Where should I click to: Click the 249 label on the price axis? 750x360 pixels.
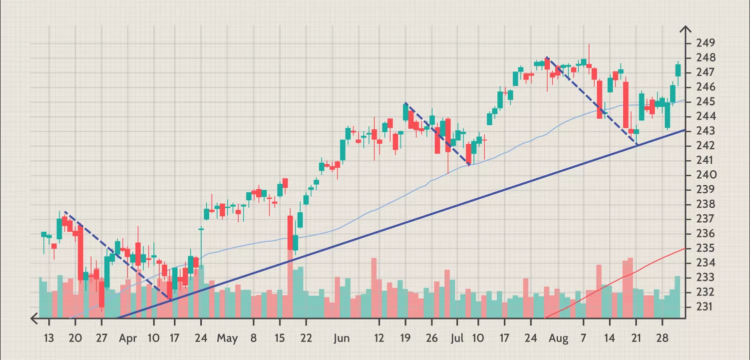point(706,43)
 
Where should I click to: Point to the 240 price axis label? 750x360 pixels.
point(706,175)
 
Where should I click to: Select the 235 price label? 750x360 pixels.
point(706,248)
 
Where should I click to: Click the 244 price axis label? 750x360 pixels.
point(706,116)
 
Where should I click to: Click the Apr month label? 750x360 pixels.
point(128,338)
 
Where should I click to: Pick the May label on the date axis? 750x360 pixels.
point(227,338)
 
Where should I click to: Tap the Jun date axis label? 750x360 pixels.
point(342,338)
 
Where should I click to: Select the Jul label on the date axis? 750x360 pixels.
point(457,338)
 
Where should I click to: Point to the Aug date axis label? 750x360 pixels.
point(559,338)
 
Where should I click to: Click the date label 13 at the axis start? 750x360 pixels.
point(48,338)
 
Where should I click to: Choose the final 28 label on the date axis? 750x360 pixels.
point(662,338)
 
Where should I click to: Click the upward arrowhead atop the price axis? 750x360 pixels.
point(685,29)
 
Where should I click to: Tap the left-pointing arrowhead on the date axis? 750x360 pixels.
point(34,318)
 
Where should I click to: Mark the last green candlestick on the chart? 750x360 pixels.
point(678,69)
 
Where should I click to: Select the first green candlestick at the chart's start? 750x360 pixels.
point(43,234)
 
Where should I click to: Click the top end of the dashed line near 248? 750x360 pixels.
point(546,58)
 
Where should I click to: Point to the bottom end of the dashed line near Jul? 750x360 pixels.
point(469,164)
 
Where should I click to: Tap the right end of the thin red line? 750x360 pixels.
point(684,248)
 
